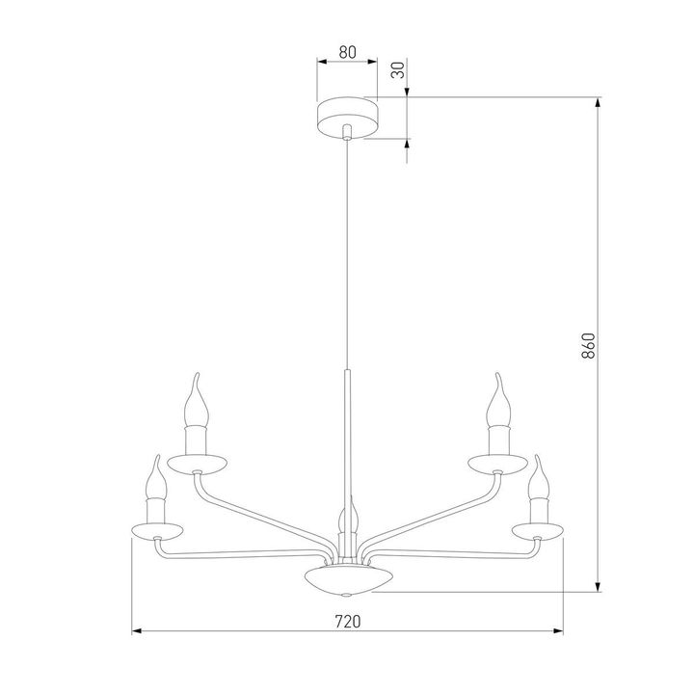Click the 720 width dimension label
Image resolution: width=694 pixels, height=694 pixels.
[347, 622]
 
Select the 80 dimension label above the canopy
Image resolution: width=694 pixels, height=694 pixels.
[347, 54]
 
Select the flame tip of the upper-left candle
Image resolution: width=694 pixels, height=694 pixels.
[197, 381]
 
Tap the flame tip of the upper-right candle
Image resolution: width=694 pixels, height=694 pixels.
[496, 381]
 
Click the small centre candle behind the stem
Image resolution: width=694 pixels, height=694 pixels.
[348, 520]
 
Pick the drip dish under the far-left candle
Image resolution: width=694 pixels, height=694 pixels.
[155, 532]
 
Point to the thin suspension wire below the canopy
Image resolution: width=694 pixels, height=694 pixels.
[347, 251]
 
